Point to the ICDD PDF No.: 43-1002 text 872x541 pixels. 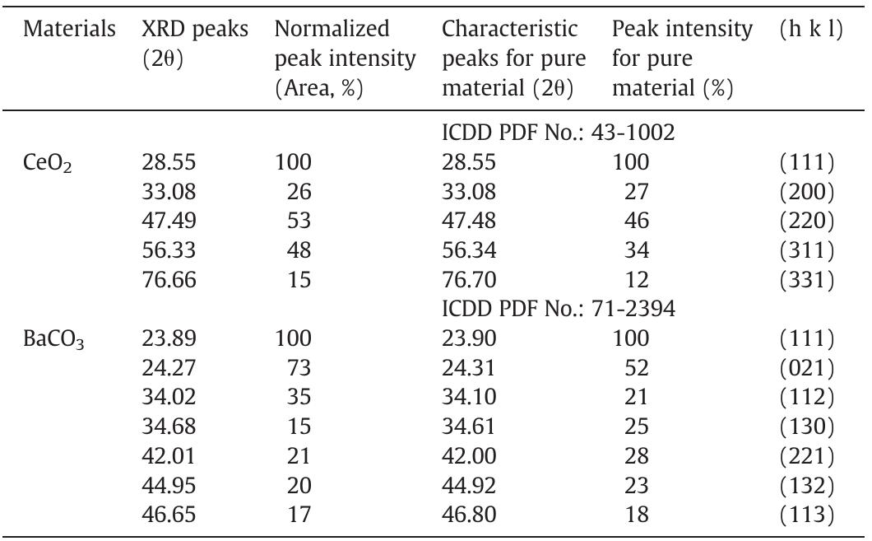[x=559, y=134]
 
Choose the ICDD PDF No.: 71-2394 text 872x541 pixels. [x=559, y=309]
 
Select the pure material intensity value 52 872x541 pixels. [x=637, y=367]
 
